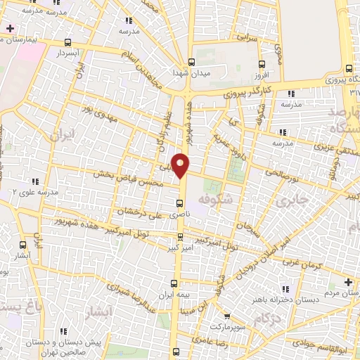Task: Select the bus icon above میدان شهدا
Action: coord(191,61)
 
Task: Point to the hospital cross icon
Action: coord(10,29)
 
